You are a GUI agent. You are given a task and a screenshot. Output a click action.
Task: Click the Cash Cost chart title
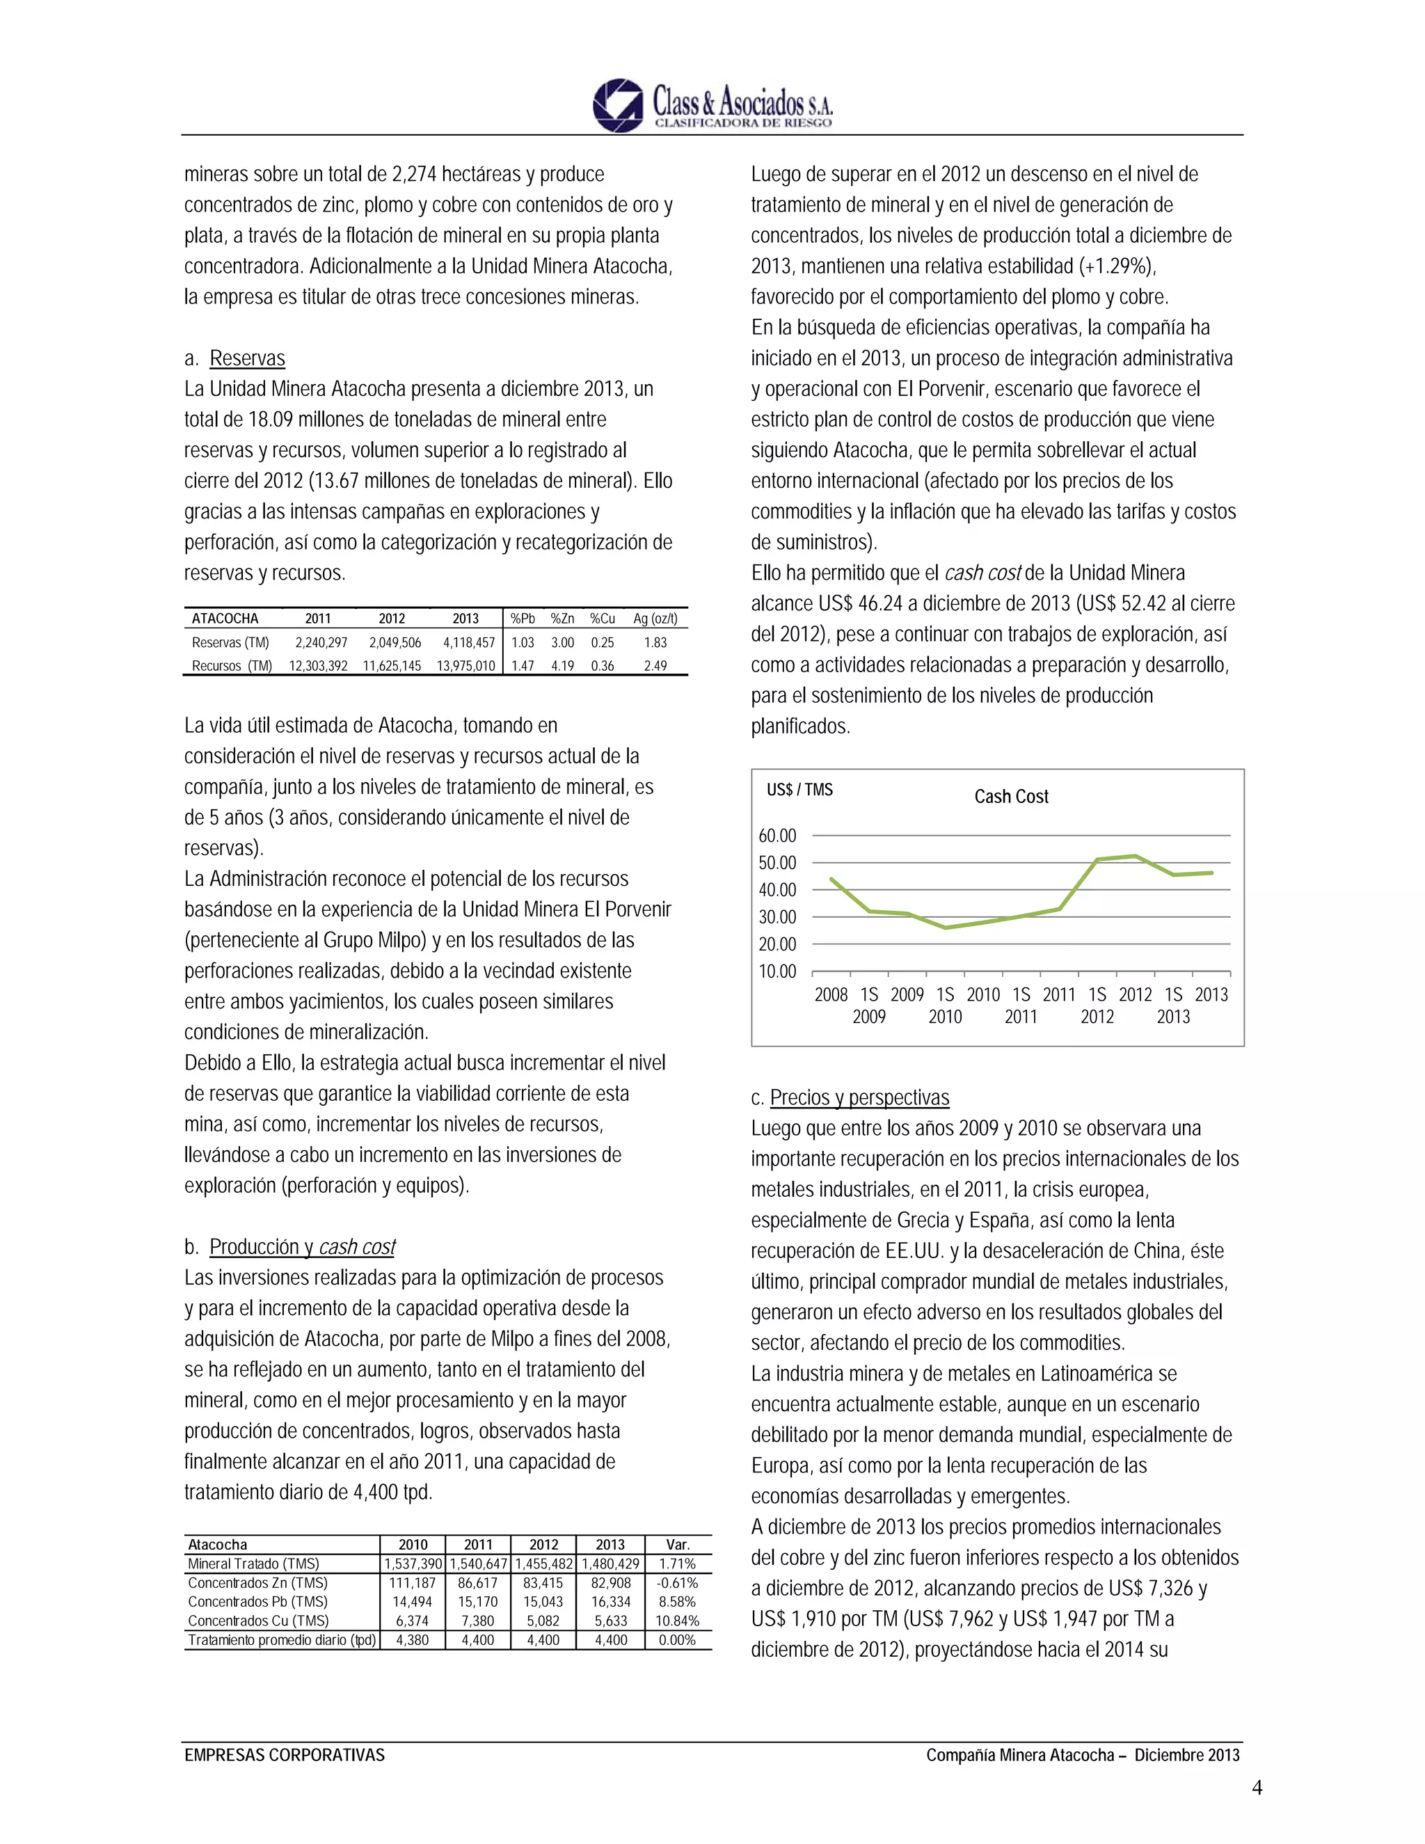(x=1010, y=796)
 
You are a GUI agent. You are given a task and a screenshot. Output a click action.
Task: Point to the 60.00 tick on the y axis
(x=777, y=835)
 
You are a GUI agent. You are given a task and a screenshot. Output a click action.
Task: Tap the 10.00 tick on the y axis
(x=777, y=971)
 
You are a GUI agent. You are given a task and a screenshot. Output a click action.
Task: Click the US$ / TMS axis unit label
(x=799, y=790)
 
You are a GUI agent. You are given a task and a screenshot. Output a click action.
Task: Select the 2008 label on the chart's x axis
(x=831, y=994)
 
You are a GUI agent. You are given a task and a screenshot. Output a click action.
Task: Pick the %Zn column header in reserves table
(x=562, y=619)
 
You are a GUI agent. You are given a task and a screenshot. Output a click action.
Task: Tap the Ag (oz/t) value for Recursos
(x=655, y=665)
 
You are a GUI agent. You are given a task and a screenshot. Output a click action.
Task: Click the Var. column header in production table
(x=677, y=1544)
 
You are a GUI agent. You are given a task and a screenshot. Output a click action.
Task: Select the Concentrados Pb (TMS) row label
(x=257, y=1602)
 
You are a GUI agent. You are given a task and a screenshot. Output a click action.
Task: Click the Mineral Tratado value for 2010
(x=413, y=1564)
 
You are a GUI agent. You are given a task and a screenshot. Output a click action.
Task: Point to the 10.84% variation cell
(x=677, y=1620)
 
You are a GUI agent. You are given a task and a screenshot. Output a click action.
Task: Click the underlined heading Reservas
(x=246, y=358)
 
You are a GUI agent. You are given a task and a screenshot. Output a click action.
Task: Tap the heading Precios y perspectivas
(x=859, y=1097)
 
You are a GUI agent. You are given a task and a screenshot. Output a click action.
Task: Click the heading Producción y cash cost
(x=302, y=1247)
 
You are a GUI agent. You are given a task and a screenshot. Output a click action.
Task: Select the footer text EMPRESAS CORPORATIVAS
(x=285, y=1756)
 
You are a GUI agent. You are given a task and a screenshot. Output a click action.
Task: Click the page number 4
(x=1256, y=1788)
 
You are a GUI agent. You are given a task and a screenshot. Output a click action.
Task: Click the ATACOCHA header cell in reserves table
(x=225, y=619)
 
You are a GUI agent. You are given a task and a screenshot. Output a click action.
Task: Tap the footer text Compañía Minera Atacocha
(x=1020, y=1756)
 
